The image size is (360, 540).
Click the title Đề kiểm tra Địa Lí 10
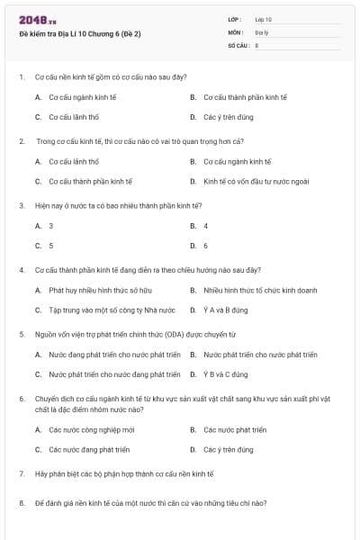tap(80, 33)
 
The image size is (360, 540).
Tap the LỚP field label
tap(236, 19)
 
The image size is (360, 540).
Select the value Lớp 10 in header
tap(263, 19)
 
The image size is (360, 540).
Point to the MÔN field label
tap(236, 31)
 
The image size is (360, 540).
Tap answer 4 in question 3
tap(205, 226)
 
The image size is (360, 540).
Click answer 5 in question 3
tap(50, 245)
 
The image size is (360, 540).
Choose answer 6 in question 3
tap(205, 245)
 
